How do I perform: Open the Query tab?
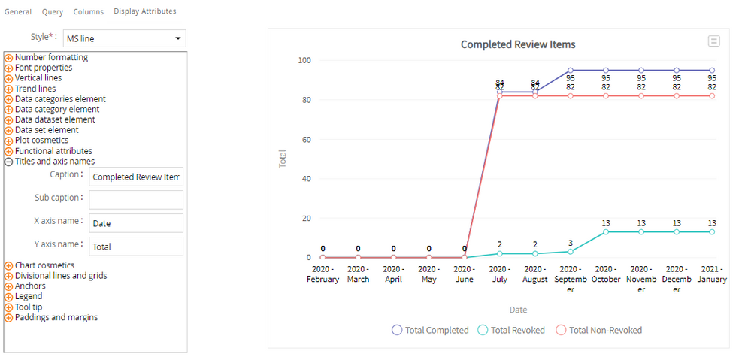click(53, 11)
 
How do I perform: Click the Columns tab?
click(88, 11)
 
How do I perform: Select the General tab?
click(18, 11)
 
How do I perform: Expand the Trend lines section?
click(9, 89)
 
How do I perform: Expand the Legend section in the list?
click(9, 297)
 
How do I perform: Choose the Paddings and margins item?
click(56, 317)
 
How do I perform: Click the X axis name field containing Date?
click(136, 223)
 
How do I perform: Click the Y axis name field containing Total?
click(136, 247)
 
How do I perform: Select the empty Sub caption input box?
click(136, 200)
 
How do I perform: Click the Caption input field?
click(136, 177)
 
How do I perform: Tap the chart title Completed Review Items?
click(518, 45)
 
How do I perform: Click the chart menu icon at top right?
click(713, 41)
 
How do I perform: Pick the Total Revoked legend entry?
click(511, 330)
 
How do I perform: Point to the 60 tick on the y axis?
click(306, 140)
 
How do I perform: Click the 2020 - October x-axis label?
click(606, 274)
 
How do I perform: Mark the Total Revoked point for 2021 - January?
click(712, 232)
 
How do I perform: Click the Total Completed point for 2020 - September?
click(571, 71)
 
